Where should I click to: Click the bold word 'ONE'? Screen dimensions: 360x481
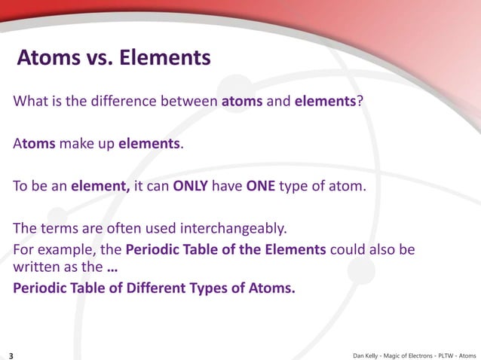[260, 185]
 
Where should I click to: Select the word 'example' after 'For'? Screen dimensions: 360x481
[63, 249]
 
